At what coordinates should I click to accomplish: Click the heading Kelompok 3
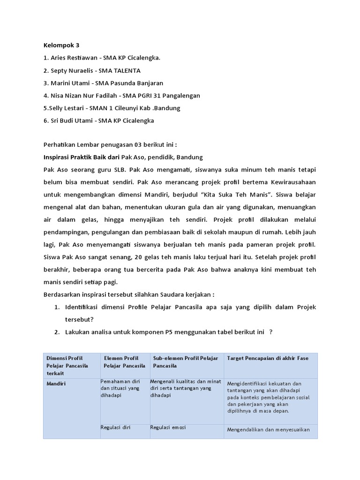click(61, 45)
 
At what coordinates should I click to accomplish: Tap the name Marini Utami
click(71, 83)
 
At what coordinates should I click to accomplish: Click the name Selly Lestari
click(69, 108)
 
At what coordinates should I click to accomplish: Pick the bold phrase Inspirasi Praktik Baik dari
click(82, 157)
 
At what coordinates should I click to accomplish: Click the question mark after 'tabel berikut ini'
click(271, 332)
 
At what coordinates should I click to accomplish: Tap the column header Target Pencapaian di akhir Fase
click(268, 359)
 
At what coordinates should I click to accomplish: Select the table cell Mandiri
click(56, 383)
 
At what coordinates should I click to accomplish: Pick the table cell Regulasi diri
click(115, 427)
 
